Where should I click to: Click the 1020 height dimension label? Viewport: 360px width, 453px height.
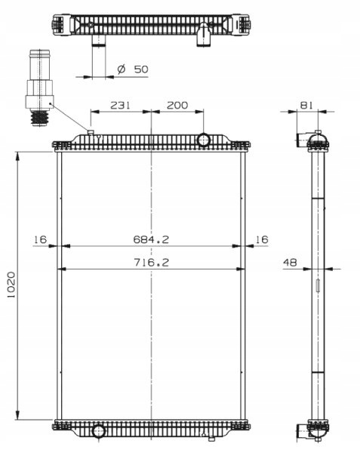[11, 285]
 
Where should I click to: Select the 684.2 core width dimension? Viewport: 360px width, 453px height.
[151, 239]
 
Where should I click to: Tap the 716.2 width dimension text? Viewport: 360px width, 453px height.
[151, 262]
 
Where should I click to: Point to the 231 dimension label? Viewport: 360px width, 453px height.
[121, 105]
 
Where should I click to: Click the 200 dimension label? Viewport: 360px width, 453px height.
[177, 105]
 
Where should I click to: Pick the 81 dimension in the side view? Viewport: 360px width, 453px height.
[306, 105]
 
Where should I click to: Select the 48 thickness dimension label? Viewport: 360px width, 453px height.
[290, 262]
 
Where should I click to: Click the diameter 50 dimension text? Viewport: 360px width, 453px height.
[133, 69]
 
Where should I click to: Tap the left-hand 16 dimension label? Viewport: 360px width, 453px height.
[40, 239]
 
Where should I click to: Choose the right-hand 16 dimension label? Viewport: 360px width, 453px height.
[262, 239]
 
